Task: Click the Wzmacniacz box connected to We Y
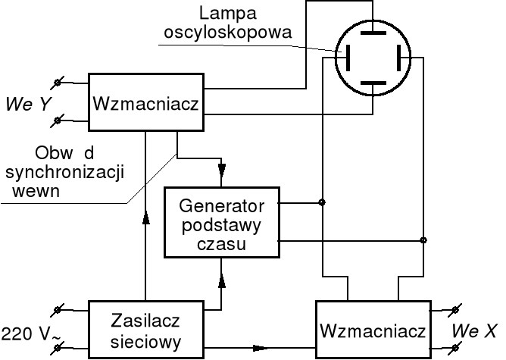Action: [146, 102]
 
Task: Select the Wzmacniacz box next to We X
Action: [372, 330]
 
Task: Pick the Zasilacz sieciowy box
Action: [146, 330]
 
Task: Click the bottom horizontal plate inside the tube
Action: [373, 81]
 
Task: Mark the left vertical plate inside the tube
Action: [348, 57]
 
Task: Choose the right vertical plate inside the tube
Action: [398, 57]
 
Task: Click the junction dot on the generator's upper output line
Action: [323, 202]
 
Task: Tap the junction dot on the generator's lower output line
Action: [423, 241]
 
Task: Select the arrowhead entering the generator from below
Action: [221, 280]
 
